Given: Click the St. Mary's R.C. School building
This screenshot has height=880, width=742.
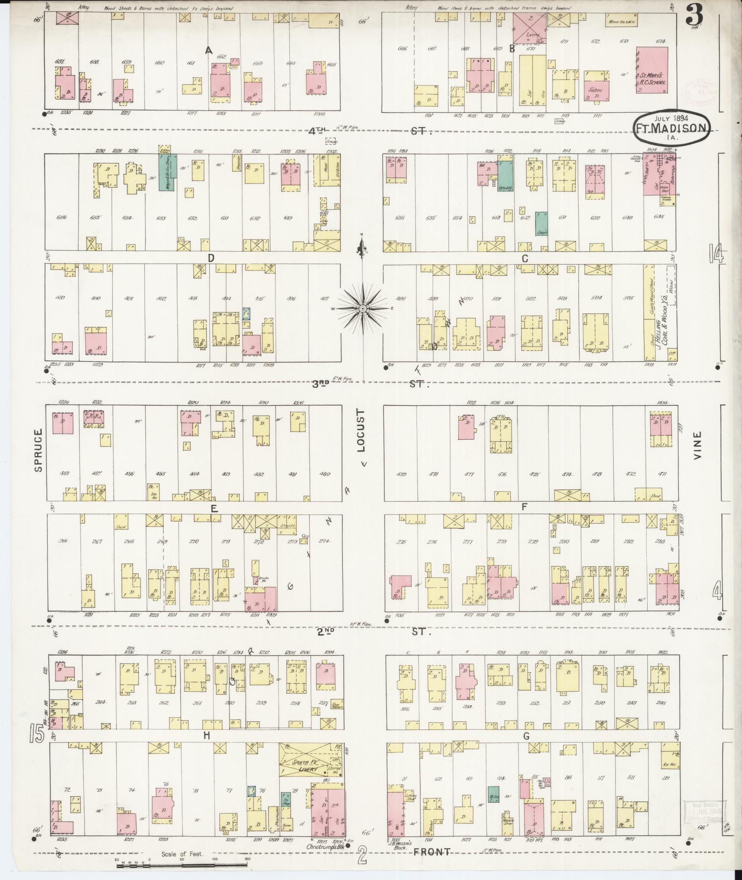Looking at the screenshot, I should [x=652, y=70].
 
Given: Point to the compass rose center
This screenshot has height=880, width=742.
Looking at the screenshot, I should [x=362, y=308].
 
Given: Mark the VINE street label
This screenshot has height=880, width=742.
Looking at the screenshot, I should [x=698, y=445].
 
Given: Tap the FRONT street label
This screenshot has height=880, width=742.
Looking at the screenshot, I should [x=431, y=851].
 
